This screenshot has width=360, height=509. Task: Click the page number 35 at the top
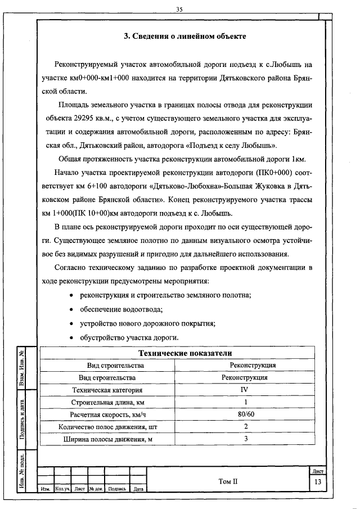180,9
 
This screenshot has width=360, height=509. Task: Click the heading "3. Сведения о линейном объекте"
184,36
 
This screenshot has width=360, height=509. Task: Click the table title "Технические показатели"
185,353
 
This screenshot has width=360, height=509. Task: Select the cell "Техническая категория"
107,390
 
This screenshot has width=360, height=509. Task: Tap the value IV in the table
245,389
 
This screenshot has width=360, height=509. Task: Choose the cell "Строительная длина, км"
107,402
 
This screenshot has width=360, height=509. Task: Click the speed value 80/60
245,415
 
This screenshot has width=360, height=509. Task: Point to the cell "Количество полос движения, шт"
107,427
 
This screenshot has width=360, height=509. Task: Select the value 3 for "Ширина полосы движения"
245,439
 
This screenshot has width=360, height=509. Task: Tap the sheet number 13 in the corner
318,483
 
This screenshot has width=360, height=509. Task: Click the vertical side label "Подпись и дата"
21,417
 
